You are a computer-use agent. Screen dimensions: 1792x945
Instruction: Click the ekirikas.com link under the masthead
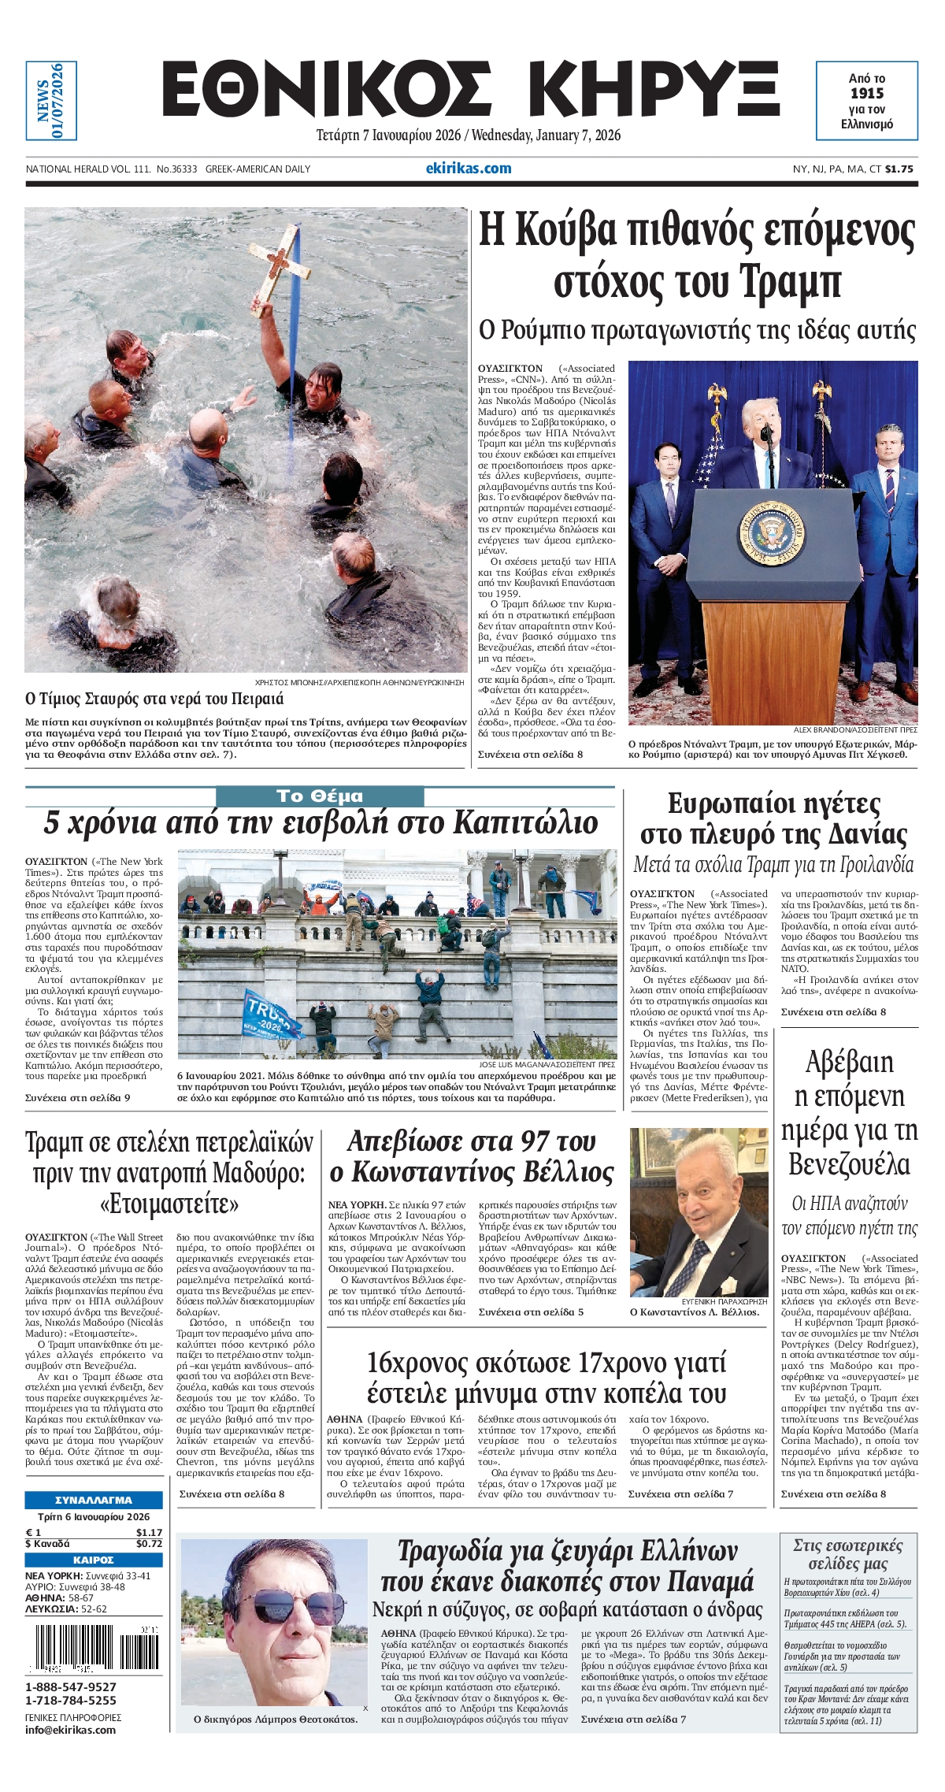(469, 168)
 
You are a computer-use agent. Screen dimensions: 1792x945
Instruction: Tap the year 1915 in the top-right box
(866, 94)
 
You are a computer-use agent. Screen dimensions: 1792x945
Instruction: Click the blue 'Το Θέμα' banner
(320, 796)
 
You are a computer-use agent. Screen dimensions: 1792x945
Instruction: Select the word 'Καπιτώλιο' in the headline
(525, 823)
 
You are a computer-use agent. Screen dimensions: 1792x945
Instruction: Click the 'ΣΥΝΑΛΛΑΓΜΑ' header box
(94, 1501)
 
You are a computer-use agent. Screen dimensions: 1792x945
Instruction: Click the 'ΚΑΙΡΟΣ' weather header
(94, 1560)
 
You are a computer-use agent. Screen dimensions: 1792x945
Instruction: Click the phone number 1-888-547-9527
(71, 1686)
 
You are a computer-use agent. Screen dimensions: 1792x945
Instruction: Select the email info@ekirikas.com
(71, 1730)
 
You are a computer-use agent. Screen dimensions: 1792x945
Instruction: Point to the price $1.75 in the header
(899, 169)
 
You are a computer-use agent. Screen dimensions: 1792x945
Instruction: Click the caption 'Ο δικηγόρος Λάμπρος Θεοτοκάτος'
(276, 1719)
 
